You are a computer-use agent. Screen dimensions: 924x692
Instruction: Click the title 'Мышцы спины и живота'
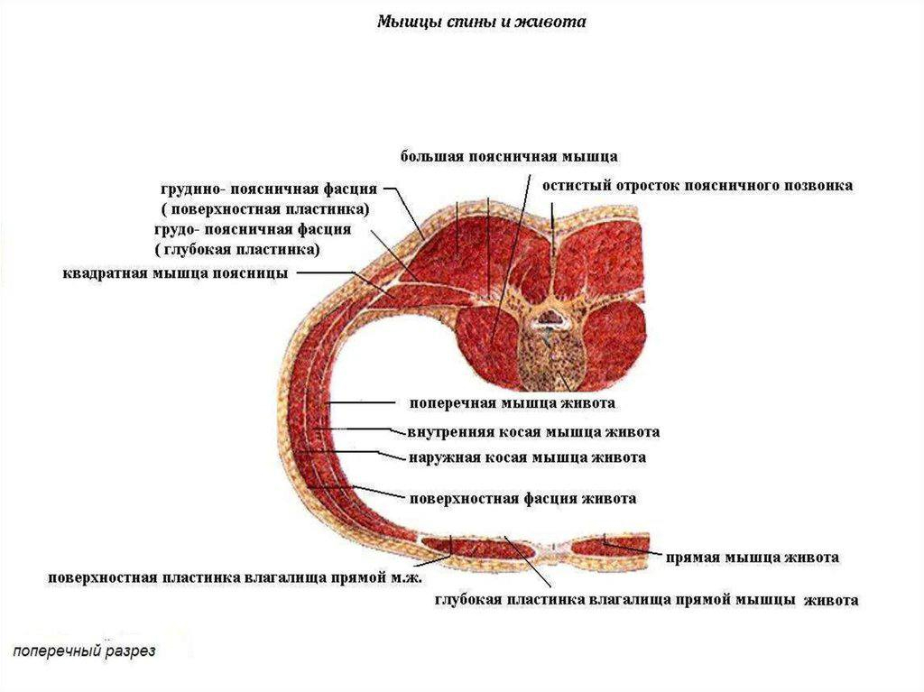pyautogui.click(x=481, y=21)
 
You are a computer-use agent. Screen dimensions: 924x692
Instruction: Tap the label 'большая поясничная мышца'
pyautogui.click(x=509, y=156)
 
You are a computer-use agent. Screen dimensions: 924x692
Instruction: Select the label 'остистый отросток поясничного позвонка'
pyautogui.click(x=697, y=185)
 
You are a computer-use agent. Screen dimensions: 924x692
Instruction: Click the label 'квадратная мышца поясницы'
pyautogui.click(x=175, y=272)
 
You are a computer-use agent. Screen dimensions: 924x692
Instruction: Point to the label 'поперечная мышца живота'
pyautogui.click(x=513, y=402)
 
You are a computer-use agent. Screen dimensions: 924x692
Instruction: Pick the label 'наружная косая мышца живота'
pyautogui.click(x=527, y=457)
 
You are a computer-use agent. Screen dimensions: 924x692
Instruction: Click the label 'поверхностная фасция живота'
pyautogui.click(x=522, y=498)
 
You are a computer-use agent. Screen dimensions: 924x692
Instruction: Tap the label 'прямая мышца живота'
pyautogui.click(x=753, y=557)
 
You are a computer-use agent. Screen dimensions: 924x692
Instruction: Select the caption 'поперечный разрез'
pyautogui.click(x=84, y=650)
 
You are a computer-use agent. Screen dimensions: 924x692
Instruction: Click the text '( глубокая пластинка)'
pyautogui.click(x=238, y=249)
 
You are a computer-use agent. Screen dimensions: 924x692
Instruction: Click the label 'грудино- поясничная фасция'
pyautogui.click(x=269, y=190)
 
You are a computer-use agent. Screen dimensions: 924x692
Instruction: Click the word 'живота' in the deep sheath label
pyautogui.click(x=830, y=599)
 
